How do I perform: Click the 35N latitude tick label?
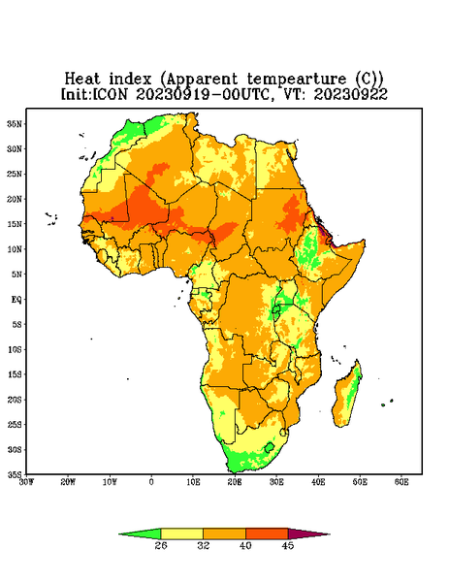[15, 123]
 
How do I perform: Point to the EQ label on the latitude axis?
[16, 299]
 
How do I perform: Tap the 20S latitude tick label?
[15, 400]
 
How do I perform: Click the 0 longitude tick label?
[151, 482]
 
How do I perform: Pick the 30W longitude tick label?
[26, 482]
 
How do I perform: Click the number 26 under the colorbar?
[161, 545]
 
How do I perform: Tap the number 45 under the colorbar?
[288, 545]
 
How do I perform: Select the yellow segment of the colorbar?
[181, 533]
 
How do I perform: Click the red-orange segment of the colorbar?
[267, 533]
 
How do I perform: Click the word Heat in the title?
[82, 79]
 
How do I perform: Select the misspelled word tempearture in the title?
[296, 80]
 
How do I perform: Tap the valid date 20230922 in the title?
[351, 94]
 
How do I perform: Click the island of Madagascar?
[347, 396]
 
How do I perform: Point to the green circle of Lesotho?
[270, 447]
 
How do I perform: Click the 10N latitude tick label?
[15, 249]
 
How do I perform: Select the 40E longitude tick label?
[318, 482]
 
